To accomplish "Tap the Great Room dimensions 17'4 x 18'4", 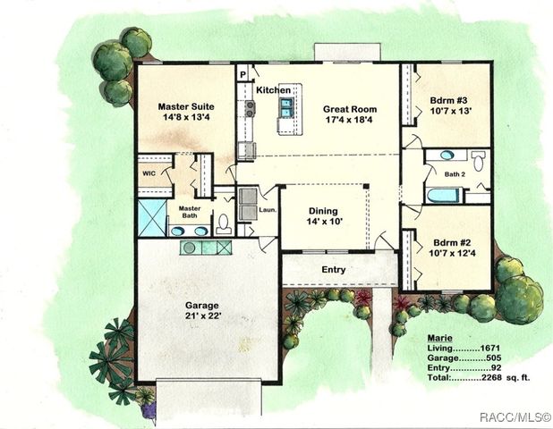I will click(x=353, y=121).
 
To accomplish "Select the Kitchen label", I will click(x=273, y=90).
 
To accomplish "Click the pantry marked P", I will click(x=242, y=74).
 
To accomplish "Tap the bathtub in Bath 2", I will click(x=444, y=195).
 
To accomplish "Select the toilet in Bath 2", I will click(x=478, y=161).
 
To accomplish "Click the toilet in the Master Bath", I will click(x=224, y=223).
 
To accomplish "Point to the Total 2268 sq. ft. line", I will click(x=479, y=377).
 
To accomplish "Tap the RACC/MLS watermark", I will click(x=514, y=416).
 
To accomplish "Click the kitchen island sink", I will click(x=287, y=108).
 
